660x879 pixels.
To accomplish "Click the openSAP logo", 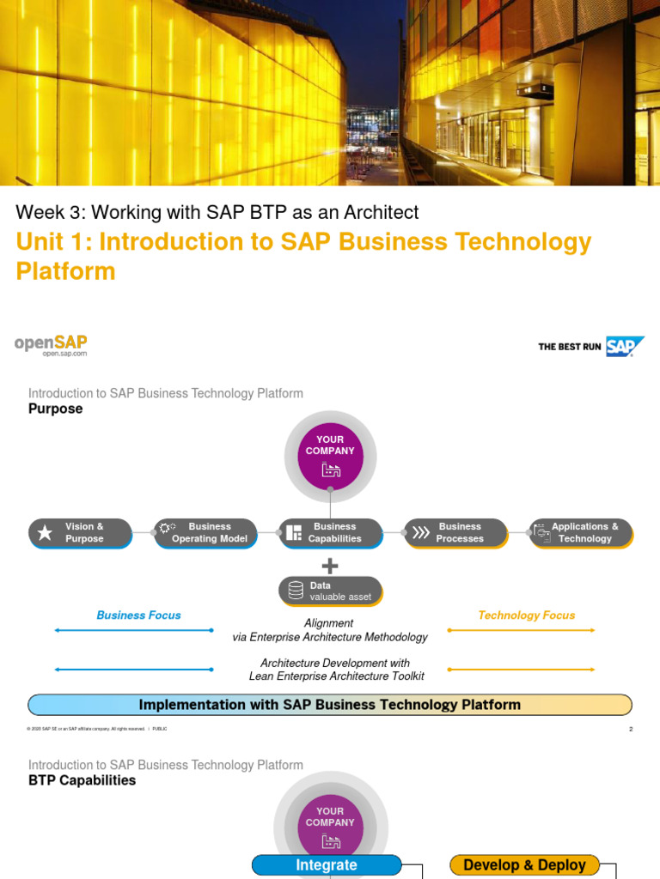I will click(51, 344).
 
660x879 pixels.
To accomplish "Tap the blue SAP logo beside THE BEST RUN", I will click(623, 347).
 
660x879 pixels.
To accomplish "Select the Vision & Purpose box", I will click(80, 533).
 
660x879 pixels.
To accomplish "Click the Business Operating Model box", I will click(206, 533).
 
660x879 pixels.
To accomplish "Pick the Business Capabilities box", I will click(331, 533).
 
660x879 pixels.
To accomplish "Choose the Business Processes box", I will click(455, 533).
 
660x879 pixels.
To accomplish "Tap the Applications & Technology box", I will click(581, 533).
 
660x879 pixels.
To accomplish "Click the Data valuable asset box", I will click(331, 591).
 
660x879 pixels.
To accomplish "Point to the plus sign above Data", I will click(330, 566).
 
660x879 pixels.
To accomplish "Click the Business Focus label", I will click(139, 615).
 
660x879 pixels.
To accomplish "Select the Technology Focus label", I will click(526, 615).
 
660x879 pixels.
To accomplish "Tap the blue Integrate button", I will click(327, 865).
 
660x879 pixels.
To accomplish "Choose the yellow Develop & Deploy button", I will click(524, 865).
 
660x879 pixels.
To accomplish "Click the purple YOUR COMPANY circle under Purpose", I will click(330, 456).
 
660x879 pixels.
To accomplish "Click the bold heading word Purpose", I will click(56, 409).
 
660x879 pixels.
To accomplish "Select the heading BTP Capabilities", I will click(82, 781).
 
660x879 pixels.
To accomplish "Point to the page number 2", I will click(631, 729).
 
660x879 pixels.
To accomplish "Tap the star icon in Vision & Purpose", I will click(45, 533).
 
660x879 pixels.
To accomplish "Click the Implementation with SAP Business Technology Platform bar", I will click(330, 705).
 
